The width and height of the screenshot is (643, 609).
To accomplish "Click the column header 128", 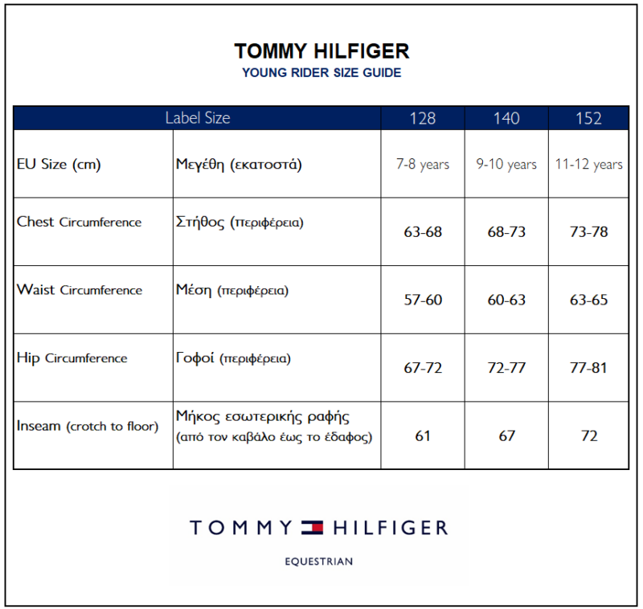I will [422, 119].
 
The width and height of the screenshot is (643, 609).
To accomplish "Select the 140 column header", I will [506, 119].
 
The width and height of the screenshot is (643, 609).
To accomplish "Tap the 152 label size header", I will [588, 119].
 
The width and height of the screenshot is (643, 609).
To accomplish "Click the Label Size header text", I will [197, 118].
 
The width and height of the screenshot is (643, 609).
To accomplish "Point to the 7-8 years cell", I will [423, 165].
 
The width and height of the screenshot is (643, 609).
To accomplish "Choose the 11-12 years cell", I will [588, 165].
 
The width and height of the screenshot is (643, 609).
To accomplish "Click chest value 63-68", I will [423, 232].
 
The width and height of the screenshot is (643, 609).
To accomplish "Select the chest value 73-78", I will [588, 232].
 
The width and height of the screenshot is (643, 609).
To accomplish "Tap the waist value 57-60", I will [423, 300].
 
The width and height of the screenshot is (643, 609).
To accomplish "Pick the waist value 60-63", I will [506, 300].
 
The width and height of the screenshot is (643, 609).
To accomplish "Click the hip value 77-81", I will [588, 368].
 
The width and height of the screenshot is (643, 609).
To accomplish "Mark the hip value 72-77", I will [506, 368].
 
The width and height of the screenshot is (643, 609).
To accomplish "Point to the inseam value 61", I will [423, 436].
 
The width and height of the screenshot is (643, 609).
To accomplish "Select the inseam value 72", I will [588, 436].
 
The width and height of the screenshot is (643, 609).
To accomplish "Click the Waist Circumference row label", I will [80, 290].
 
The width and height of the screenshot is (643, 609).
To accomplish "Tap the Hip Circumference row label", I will [72, 358].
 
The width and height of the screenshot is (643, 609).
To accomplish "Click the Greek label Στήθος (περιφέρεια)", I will [240, 223].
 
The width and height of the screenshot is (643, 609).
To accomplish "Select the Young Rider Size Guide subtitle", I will [321, 73].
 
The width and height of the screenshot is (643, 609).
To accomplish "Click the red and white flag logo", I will [312, 528].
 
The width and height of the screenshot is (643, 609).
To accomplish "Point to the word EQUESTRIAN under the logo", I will [319, 562].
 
